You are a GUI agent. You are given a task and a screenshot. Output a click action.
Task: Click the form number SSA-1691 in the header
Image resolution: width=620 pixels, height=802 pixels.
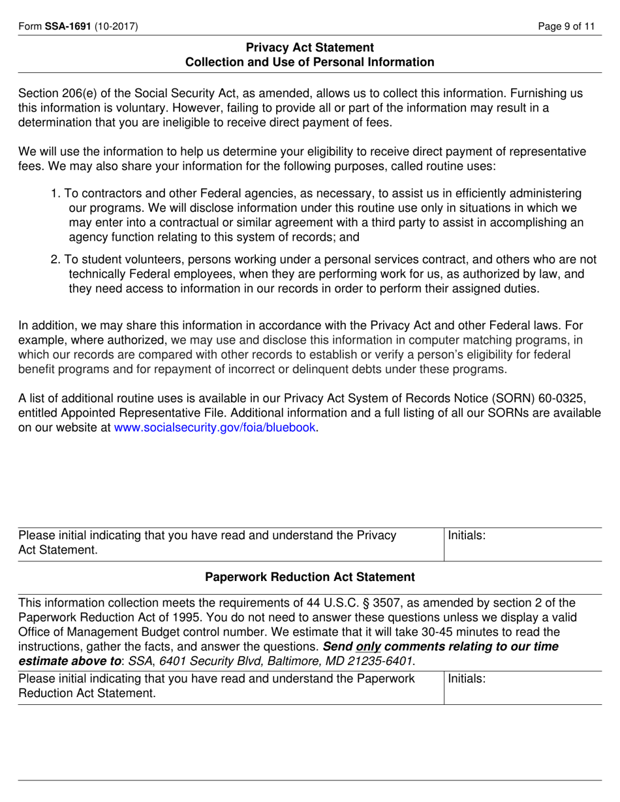tap(67, 27)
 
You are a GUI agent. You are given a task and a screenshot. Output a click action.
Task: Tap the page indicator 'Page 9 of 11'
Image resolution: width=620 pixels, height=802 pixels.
tap(566, 27)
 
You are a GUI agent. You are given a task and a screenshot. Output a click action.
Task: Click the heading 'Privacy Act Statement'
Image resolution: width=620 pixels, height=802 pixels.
tap(309, 48)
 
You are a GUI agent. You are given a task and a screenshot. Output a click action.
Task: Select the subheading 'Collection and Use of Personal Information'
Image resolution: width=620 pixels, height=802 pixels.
tap(309, 63)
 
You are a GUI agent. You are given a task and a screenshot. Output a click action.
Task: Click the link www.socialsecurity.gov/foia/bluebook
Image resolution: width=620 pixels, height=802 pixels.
tap(215, 428)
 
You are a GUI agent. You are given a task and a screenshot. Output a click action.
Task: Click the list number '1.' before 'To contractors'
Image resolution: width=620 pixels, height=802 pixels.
tap(55, 194)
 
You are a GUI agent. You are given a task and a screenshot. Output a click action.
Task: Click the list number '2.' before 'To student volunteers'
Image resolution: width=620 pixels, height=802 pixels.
tap(55, 260)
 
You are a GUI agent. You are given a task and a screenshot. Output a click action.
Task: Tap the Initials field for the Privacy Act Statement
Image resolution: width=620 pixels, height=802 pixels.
tap(522, 544)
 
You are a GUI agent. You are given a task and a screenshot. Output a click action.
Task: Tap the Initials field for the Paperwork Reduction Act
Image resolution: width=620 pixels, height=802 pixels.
tap(522, 688)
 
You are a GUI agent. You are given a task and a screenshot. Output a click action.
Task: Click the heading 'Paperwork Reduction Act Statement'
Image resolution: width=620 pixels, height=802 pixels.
tap(309, 577)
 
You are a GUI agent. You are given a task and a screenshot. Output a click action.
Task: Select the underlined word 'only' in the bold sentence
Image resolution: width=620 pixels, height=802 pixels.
tap(368, 647)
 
